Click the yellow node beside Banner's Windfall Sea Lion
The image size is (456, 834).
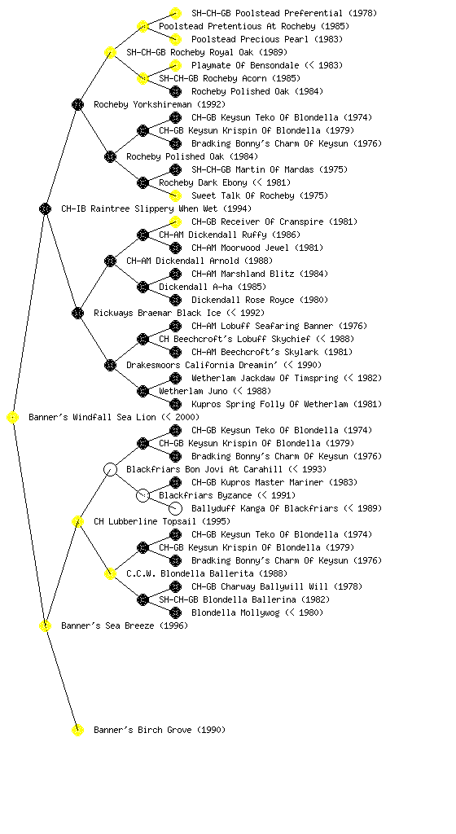pos(13,418)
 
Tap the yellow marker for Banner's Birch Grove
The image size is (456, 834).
pos(77,731)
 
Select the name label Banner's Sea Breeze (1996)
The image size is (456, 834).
pos(125,625)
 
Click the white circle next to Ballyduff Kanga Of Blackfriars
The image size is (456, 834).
pos(175,509)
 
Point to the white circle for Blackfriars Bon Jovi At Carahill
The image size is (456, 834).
pos(110,470)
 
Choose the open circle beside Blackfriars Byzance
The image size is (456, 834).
pos(142,496)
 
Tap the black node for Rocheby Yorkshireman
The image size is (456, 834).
pos(77,105)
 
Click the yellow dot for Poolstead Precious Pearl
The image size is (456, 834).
pos(175,39)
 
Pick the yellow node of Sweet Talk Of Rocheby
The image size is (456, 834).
pos(175,195)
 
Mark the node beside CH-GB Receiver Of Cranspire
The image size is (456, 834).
pos(175,222)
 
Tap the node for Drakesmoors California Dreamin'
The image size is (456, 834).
pos(110,366)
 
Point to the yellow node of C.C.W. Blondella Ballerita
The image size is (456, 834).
pos(110,574)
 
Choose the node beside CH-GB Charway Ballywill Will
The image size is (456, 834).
pos(175,586)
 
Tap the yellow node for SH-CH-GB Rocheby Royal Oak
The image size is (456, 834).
pos(110,53)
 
